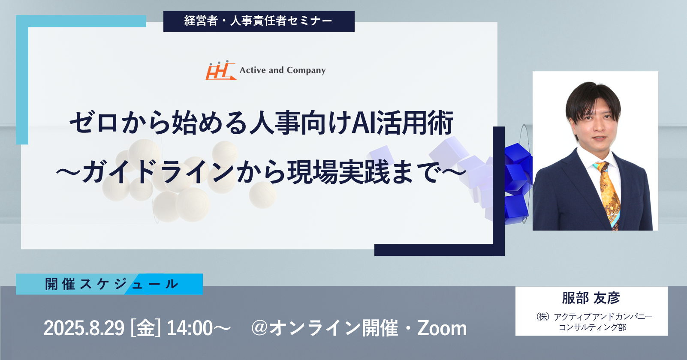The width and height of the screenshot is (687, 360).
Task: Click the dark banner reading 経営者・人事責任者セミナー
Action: click(259, 21)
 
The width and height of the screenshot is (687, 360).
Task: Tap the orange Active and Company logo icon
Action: click(220, 70)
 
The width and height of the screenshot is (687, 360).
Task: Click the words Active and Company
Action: click(283, 70)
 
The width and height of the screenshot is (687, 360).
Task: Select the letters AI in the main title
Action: click(364, 123)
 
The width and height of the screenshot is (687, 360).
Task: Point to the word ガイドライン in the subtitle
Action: click(158, 172)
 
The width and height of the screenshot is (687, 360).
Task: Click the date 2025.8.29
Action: click(84, 328)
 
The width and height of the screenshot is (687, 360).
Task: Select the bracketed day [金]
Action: click(145, 328)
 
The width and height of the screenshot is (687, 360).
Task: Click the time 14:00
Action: click(190, 328)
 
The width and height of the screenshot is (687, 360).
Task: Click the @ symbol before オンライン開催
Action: click(259, 328)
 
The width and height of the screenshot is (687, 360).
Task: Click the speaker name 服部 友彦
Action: click(591, 298)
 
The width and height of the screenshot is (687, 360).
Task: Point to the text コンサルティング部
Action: click(593, 327)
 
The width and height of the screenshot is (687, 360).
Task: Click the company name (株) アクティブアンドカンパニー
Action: click(594, 317)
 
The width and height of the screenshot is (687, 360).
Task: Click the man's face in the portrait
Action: click(594, 125)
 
